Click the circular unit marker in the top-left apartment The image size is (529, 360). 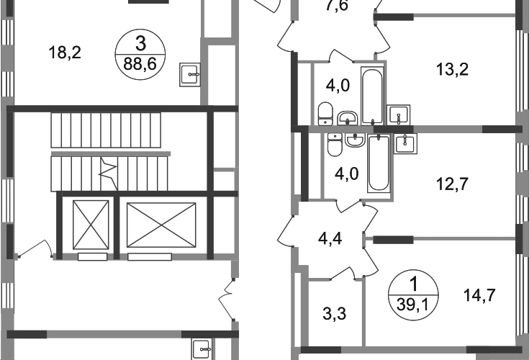tap(141, 52)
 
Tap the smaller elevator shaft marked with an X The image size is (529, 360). tap(90, 225)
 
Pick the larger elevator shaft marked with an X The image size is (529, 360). tap(161, 225)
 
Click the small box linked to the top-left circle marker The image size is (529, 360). tap(189, 73)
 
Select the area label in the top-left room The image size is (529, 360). tap(66, 52)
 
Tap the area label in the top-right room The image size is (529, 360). tap(454, 70)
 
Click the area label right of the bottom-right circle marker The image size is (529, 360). tap(481, 295)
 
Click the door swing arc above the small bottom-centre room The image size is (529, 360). tap(347, 272)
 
